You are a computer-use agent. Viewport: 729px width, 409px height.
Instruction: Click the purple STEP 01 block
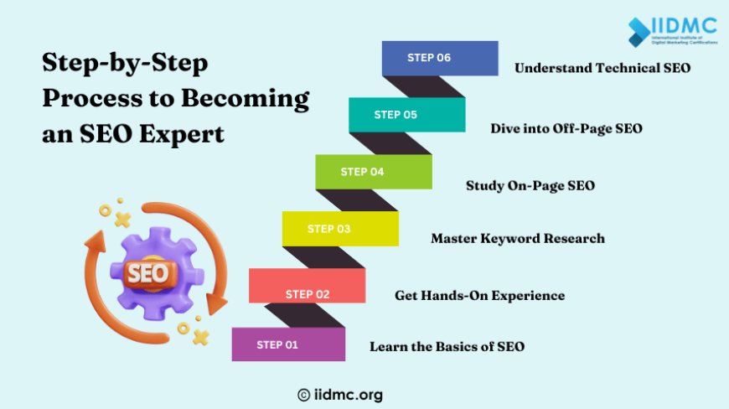[x=288, y=344]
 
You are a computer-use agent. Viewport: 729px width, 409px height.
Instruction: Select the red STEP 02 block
[x=307, y=286]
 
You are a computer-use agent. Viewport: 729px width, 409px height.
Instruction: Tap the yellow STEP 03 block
[x=340, y=229]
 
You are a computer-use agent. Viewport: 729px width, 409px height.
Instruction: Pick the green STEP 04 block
[x=374, y=172]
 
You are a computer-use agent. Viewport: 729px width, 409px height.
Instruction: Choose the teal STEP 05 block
[x=407, y=115]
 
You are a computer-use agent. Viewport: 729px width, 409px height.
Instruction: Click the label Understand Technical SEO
[x=602, y=68]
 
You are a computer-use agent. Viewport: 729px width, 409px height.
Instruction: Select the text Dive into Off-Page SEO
[x=566, y=128]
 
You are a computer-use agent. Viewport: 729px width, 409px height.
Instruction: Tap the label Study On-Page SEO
[x=530, y=185]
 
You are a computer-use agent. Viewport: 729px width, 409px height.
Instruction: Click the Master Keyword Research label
[x=517, y=239]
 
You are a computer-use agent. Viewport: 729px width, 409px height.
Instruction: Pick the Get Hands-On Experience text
[x=479, y=295]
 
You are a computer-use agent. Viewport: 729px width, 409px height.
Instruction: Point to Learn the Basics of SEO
[x=447, y=346]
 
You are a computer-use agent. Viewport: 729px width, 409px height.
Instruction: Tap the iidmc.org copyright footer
[x=339, y=394]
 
